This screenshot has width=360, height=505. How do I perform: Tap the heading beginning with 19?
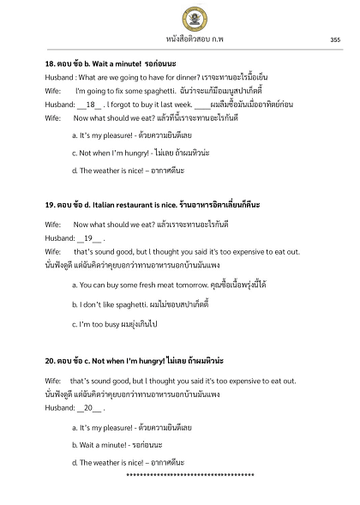[129, 206]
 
